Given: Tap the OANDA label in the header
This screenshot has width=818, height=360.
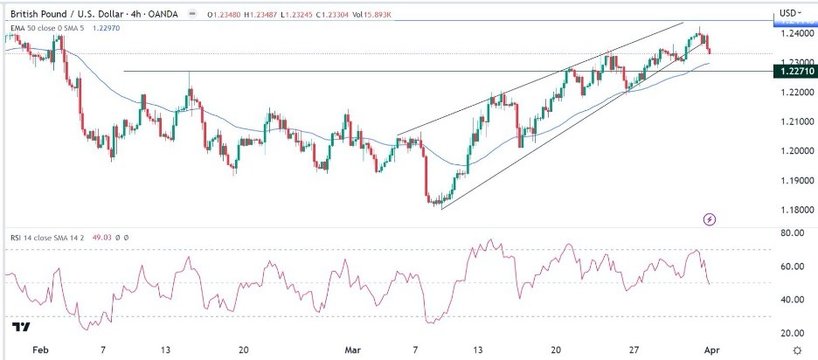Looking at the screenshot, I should click(180, 12).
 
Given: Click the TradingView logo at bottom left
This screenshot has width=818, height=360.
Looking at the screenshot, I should click(21, 329).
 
